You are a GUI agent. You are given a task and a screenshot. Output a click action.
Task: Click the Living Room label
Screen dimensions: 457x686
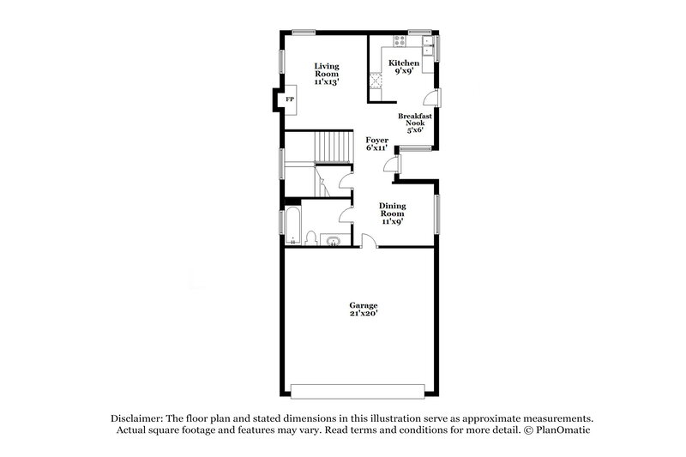[326, 74]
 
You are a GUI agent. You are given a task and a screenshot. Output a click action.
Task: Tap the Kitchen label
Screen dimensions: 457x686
[403, 68]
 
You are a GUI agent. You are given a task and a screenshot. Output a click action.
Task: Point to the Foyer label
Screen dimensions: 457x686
[377, 143]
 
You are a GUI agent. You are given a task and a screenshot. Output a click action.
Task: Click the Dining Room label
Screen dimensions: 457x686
[392, 212]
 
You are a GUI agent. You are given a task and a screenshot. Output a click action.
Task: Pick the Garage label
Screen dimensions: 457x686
[363, 310]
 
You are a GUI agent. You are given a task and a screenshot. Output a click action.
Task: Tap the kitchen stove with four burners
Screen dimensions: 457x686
[400, 41]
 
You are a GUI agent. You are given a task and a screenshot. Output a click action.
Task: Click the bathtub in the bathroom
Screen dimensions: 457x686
[292, 226]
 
